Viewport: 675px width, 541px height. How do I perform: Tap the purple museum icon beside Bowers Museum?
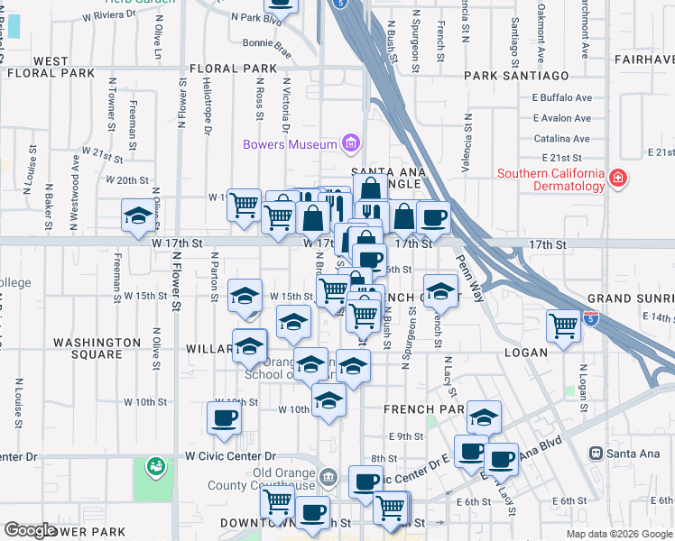click(x=350, y=143)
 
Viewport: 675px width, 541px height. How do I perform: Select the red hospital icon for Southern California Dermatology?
click(x=617, y=178)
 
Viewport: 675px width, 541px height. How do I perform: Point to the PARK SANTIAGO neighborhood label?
click(x=517, y=76)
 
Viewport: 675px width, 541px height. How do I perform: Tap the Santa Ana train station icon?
click(x=596, y=453)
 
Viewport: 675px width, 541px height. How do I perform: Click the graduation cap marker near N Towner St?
click(x=138, y=215)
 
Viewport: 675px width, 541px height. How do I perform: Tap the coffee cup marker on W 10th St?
click(x=224, y=417)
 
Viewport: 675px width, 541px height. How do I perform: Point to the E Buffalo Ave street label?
click(x=561, y=97)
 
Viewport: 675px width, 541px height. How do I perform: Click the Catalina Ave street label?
click(x=561, y=139)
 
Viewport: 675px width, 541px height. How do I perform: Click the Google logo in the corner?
click(x=31, y=530)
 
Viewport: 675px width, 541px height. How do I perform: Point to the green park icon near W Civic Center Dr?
click(x=157, y=466)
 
